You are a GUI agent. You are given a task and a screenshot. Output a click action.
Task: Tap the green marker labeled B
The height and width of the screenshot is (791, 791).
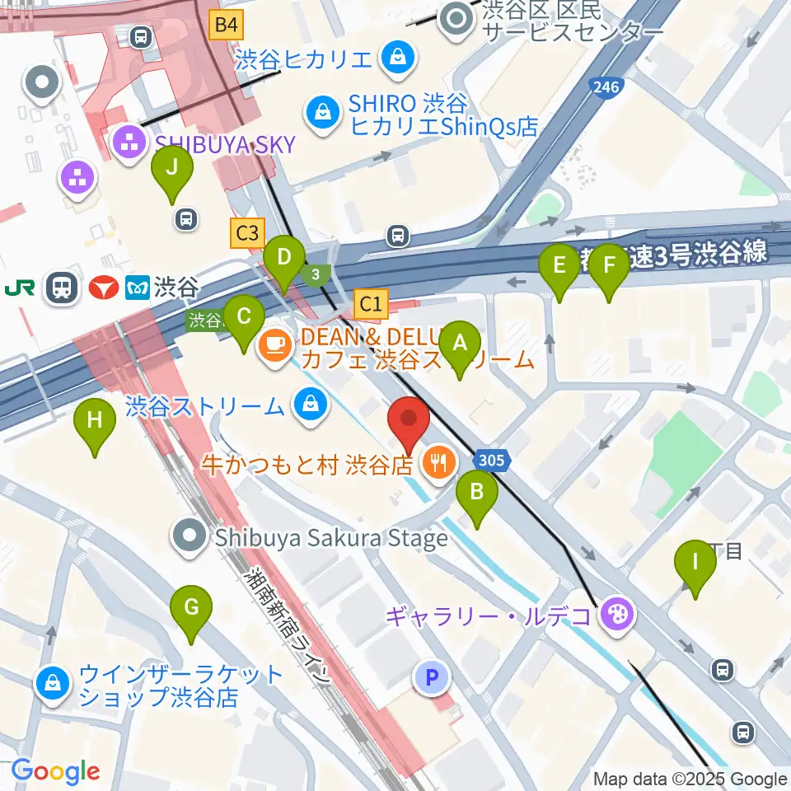[476, 494]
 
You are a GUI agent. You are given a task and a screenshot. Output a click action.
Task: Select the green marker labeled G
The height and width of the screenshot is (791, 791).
[191, 610]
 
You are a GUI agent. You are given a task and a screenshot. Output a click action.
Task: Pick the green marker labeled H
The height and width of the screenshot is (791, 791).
[95, 423]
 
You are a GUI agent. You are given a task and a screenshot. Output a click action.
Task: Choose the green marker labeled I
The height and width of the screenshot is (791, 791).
[695, 564]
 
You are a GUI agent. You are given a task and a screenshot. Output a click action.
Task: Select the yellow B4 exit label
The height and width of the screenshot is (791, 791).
[227, 25]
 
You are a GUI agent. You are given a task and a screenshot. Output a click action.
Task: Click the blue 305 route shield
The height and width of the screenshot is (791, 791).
[492, 461]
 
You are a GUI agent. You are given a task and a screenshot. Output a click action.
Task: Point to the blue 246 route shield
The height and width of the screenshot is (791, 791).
[604, 87]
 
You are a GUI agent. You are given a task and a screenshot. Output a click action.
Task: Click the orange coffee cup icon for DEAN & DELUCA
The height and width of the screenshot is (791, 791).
[274, 344]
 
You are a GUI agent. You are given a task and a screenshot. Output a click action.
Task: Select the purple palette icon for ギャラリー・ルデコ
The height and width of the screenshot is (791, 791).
[615, 614]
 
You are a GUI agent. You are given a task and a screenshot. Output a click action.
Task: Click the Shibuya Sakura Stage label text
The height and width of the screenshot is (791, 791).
[331, 538]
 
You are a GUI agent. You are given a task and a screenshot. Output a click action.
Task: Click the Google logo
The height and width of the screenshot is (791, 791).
[55, 771]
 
